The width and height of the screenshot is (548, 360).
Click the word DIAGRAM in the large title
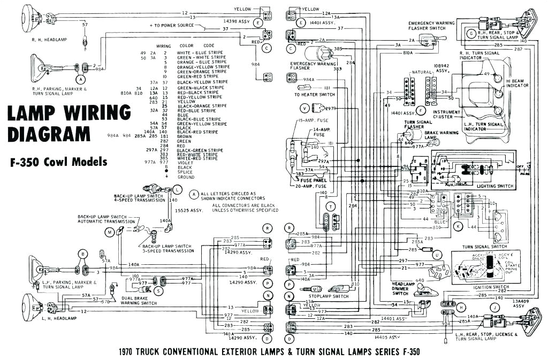[x=50, y=133]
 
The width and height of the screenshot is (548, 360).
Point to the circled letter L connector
[x=177, y=190]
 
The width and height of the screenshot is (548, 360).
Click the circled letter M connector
[x=110, y=231]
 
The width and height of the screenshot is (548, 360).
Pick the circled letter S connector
[x=158, y=290]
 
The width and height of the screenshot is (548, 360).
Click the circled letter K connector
[x=458, y=226]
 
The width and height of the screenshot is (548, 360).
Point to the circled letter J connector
[x=494, y=308]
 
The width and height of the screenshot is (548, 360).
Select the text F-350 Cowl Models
[x=57, y=162]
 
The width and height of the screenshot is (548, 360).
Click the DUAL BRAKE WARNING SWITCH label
[x=139, y=301]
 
